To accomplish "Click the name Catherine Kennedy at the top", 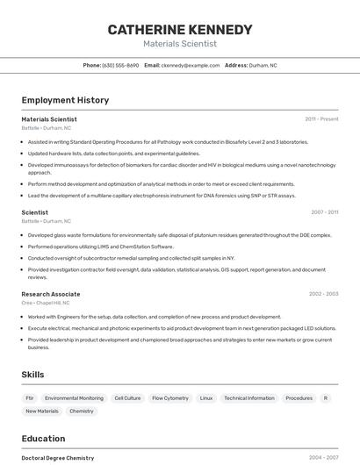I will coord(180,30).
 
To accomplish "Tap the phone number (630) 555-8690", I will coord(120,66).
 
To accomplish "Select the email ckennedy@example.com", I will coord(190,66).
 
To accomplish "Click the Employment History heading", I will coord(65,100).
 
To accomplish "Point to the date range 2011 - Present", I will coord(321,119).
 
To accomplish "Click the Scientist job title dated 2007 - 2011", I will coord(35,212).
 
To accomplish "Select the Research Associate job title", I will coord(51,294).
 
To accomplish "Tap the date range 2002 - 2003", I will coord(323,294).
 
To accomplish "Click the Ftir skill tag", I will coord(30,397).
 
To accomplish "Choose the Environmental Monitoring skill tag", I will coord(74,397).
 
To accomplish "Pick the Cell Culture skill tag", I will coord(127,397).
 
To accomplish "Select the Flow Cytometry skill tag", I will coord(170,397).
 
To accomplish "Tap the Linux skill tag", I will coord(206,397).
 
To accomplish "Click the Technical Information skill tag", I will coord(249,397).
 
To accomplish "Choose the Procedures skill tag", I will coord(299,397).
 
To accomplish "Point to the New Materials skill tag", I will coord(42,411).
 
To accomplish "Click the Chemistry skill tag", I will coord(82,411).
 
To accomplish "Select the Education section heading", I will coord(43,439).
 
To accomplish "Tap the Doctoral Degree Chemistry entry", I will coord(58,458).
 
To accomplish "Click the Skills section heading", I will coord(33,375).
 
